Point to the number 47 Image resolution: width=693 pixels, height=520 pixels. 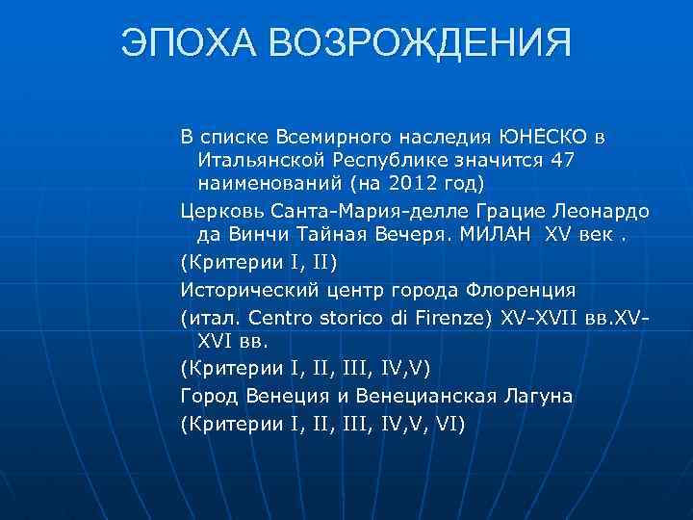pyautogui.click(x=559, y=158)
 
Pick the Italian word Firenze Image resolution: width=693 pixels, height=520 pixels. pyautogui.click(x=458, y=316)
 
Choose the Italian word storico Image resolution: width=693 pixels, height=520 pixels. pyautogui.click(x=365, y=316)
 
